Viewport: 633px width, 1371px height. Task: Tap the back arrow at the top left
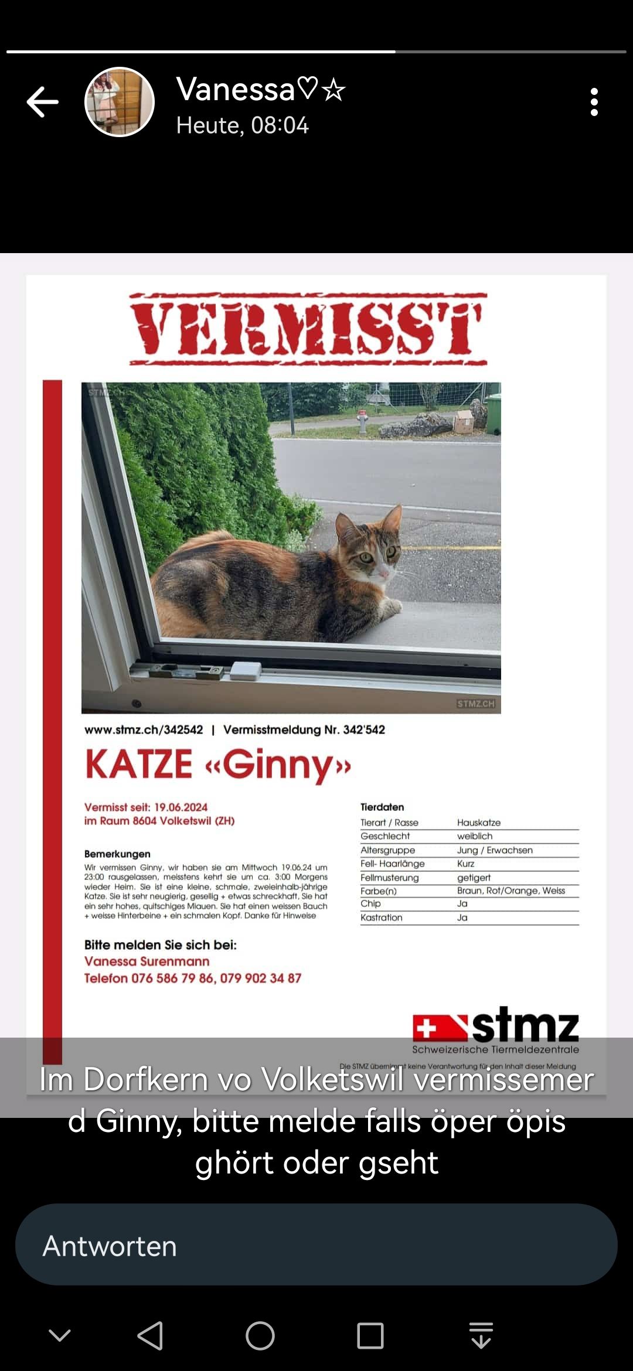coord(43,102)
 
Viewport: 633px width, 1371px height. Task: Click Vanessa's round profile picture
coord(120,102)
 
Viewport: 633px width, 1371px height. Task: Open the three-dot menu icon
coord(594,102)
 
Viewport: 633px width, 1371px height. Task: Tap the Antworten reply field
coord(316,1246)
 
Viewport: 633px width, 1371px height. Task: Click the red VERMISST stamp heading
coord(308,329)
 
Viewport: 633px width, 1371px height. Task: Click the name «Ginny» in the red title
coord(278,765)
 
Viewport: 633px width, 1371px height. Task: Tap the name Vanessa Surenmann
coord(147,961)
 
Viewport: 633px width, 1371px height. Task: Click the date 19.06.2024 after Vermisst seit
coord(181,807)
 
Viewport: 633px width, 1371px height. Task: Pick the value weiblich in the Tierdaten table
coord(475,836)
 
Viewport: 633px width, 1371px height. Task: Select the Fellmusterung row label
coord(389,877)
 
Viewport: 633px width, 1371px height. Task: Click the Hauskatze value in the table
coord(479,823)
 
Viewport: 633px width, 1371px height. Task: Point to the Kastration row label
coord(381,918)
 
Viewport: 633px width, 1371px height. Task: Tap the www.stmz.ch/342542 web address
coord(144,729)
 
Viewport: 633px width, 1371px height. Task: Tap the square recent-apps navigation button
coord(370,1336)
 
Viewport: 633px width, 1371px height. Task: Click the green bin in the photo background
coord(494,413)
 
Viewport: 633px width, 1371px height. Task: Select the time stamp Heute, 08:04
coord(242,125)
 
